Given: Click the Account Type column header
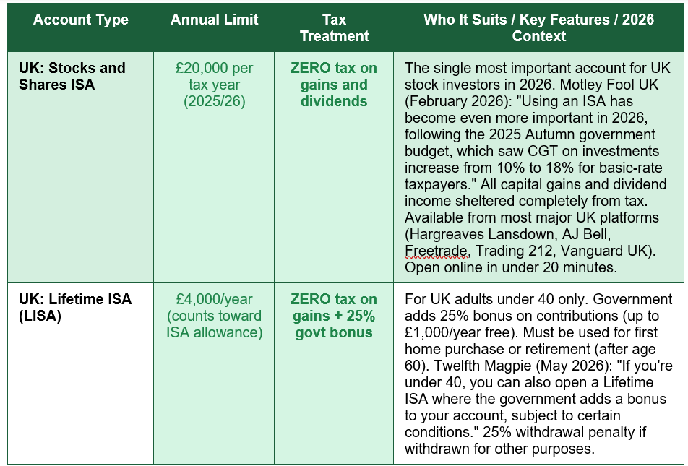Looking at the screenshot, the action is click(x=81, y=20).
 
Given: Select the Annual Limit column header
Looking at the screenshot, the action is click(x=214, y=20).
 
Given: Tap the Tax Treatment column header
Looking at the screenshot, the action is click(x=335, y=27).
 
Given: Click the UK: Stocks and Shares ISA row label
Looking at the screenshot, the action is click(x=72, y=76).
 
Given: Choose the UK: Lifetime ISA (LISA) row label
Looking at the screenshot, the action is click(x=75, y=307).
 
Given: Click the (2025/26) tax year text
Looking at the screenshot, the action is click(x=215, y=101).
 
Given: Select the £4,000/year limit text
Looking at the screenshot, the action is click(x=214, y=299).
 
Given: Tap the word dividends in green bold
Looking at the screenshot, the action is click(x=334, y=101).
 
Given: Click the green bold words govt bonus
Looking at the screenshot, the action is click(x=334, y=332).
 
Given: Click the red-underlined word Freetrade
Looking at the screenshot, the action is click(x=436, y=251).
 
